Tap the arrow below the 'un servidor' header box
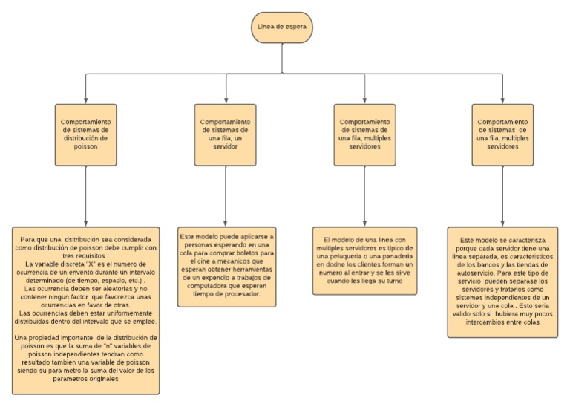(226, 196)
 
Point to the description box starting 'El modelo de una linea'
(364, 260)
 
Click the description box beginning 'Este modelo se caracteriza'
(502, 283)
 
